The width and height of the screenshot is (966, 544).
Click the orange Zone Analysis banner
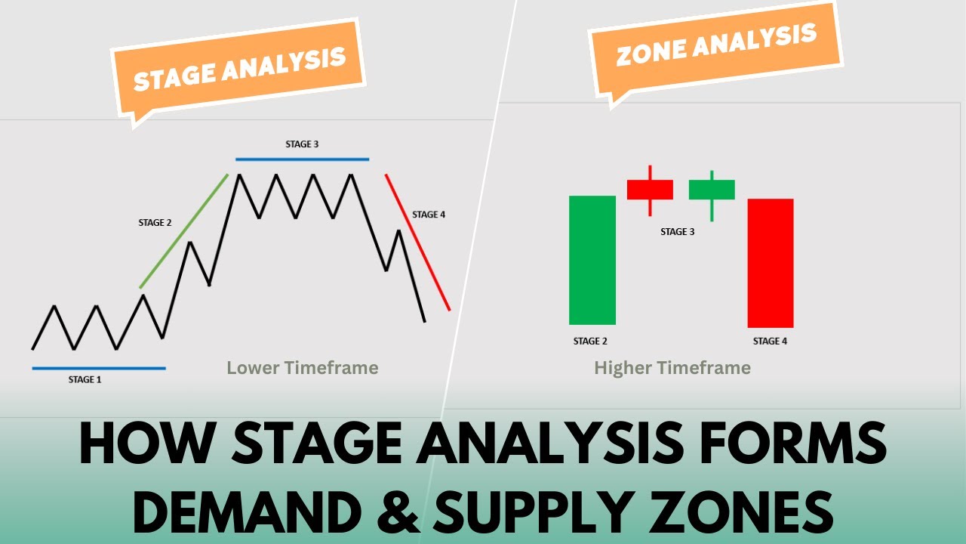tap(715, 47)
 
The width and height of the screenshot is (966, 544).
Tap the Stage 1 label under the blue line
tap(84, 379)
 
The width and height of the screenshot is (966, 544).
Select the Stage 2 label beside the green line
tap(155, 223)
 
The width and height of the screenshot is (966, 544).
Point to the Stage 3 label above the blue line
tap(302, 144)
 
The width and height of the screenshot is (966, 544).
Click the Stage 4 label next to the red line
tap(429, 215)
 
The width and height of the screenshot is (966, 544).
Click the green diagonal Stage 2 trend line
tap(183, 231)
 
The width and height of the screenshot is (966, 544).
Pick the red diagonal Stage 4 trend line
tap(417, 242)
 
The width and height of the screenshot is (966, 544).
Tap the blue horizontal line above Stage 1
tap(98, 368)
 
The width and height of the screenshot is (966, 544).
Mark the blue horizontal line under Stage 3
tap(302, 159)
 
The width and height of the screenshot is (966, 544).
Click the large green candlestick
tap(592, 260)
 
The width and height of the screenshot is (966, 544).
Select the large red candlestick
tap(770, 263)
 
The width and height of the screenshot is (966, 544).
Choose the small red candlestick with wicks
tap(650, 189)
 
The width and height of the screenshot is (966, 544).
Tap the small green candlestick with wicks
tap(712, 190)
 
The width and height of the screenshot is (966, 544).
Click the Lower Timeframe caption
tap(302, 368)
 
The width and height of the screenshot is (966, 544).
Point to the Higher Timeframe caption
tap(672, 368)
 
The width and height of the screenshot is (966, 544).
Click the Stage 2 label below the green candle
tap(590, 341)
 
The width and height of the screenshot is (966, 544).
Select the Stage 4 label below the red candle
tap(770, 341)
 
